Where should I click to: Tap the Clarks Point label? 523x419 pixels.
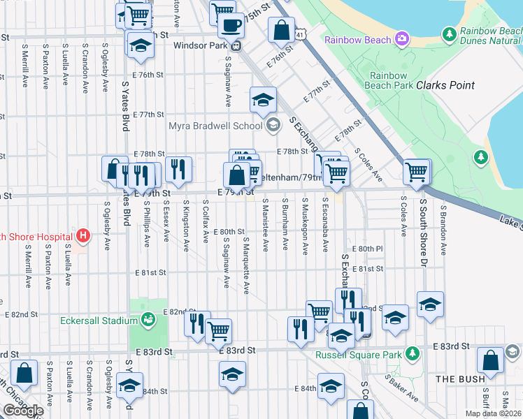(445, 85)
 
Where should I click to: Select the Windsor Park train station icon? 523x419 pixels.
(236, 46)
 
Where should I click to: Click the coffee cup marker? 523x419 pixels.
(231, 25)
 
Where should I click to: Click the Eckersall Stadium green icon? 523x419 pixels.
(148, 320)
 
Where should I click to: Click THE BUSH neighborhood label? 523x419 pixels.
(460, 379)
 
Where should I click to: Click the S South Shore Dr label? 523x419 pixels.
(423, 231)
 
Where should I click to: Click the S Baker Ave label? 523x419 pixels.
(404, 391)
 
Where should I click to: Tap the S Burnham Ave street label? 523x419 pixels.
(285, 226)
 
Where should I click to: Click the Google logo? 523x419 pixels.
(22, 411)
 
